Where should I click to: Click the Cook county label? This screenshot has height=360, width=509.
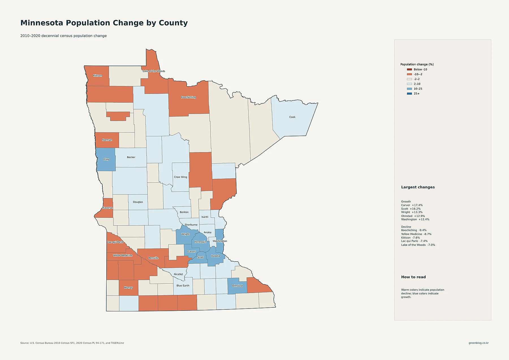pyautogui.click(x=292, y=117)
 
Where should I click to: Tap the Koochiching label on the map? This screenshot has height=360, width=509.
pyautogui.click(x=188, y=97)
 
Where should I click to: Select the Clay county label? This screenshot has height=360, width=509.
pyautogui.click(x=106, y=159)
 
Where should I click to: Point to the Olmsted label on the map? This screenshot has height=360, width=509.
pyautogui.click(x=237, y=286)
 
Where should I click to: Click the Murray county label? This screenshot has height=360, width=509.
pyautogui.click(x=128, y=288)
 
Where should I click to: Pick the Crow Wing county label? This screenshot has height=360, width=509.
pyautogui.click(x=180, y=177)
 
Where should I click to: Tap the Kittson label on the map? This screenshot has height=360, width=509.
pyautogui.click(x=98, y=76)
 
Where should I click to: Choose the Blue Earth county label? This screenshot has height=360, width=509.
pyautogui.click(x=183, y=286)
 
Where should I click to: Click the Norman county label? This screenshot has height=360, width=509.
pyautogui.click(x=107, y=140)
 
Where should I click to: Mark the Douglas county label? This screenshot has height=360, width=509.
pyautogui.click(x=138, y=202)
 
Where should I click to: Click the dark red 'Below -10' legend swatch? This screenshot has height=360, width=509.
pyautogui.click(x=409, y=70)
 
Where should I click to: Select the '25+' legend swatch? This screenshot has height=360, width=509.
pyautogui.click(x=409, y=94)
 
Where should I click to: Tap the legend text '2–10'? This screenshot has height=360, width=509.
pyautogui.click(x=417, y=84)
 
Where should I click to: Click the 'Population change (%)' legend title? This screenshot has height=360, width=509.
pyautogui.click(x=417, y=64)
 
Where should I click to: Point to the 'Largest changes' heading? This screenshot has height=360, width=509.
pyautogui.click(x=418, y=187)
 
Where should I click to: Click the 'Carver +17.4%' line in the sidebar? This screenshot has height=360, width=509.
pyautogui.click(x=412, y=205)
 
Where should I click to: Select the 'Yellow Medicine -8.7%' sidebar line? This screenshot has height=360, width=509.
pyautogui.click(x=416, y=234)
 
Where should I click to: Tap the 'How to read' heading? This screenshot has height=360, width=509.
pyautogui.click(x=413, y=277)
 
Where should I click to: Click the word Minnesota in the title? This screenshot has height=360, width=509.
pyautogui.click(x=42, y=23)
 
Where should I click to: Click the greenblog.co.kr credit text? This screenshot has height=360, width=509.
pyautogui.click(x=478, y=343)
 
